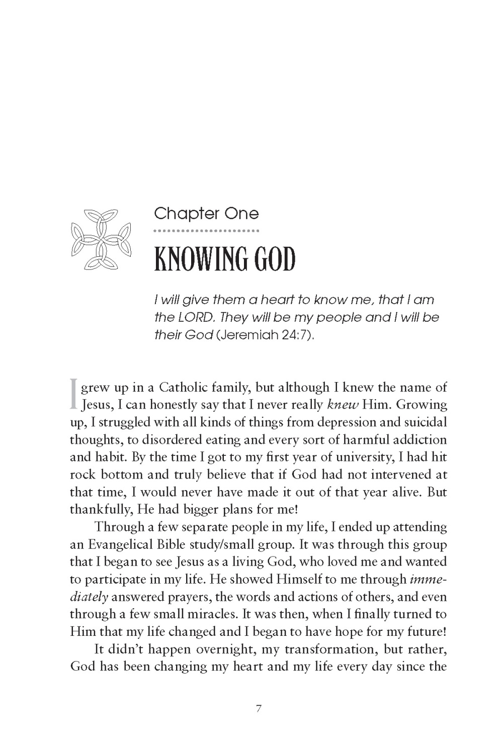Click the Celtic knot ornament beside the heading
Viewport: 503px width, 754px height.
(x=101, y=238)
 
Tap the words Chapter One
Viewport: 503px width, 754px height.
(x=206, y=214)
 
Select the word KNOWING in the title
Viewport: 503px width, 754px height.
(x=202, y=259)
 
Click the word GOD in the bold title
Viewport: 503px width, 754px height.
(x=275, y=259)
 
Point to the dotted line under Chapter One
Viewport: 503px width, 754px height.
(x=206, y=231)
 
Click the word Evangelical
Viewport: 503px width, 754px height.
(x=124, y=544)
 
